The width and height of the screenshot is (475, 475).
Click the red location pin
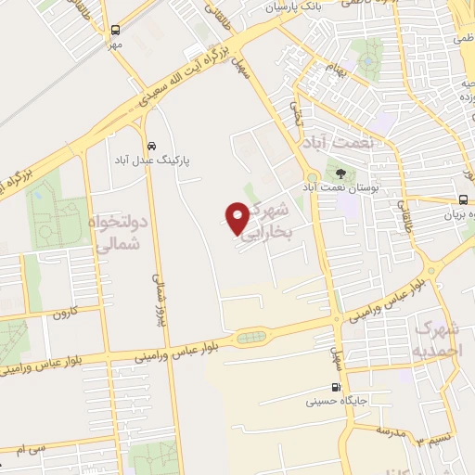pyautogui.click(x=237, y=217)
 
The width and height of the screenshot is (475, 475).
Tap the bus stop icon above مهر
pyautogui.click(x=115, y=30)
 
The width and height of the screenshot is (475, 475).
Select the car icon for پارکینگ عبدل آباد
pyautogui.click(x=151, y=146)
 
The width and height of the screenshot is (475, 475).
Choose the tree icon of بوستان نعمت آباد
pyautogui.click(x=340, y=173)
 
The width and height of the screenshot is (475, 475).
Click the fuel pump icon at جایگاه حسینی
pyautogui.click(x=335, y=388)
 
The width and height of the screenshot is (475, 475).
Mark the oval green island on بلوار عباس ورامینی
pyautogui.click(x=249, y=339)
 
